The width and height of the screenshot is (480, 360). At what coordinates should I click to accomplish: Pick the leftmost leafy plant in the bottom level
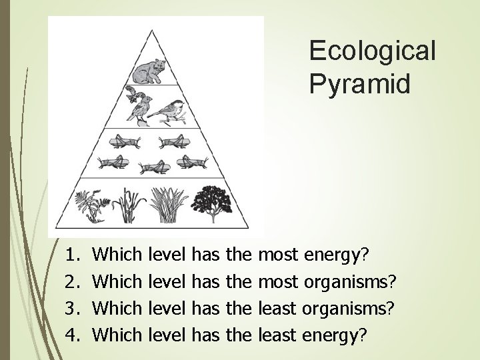(91, 204)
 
